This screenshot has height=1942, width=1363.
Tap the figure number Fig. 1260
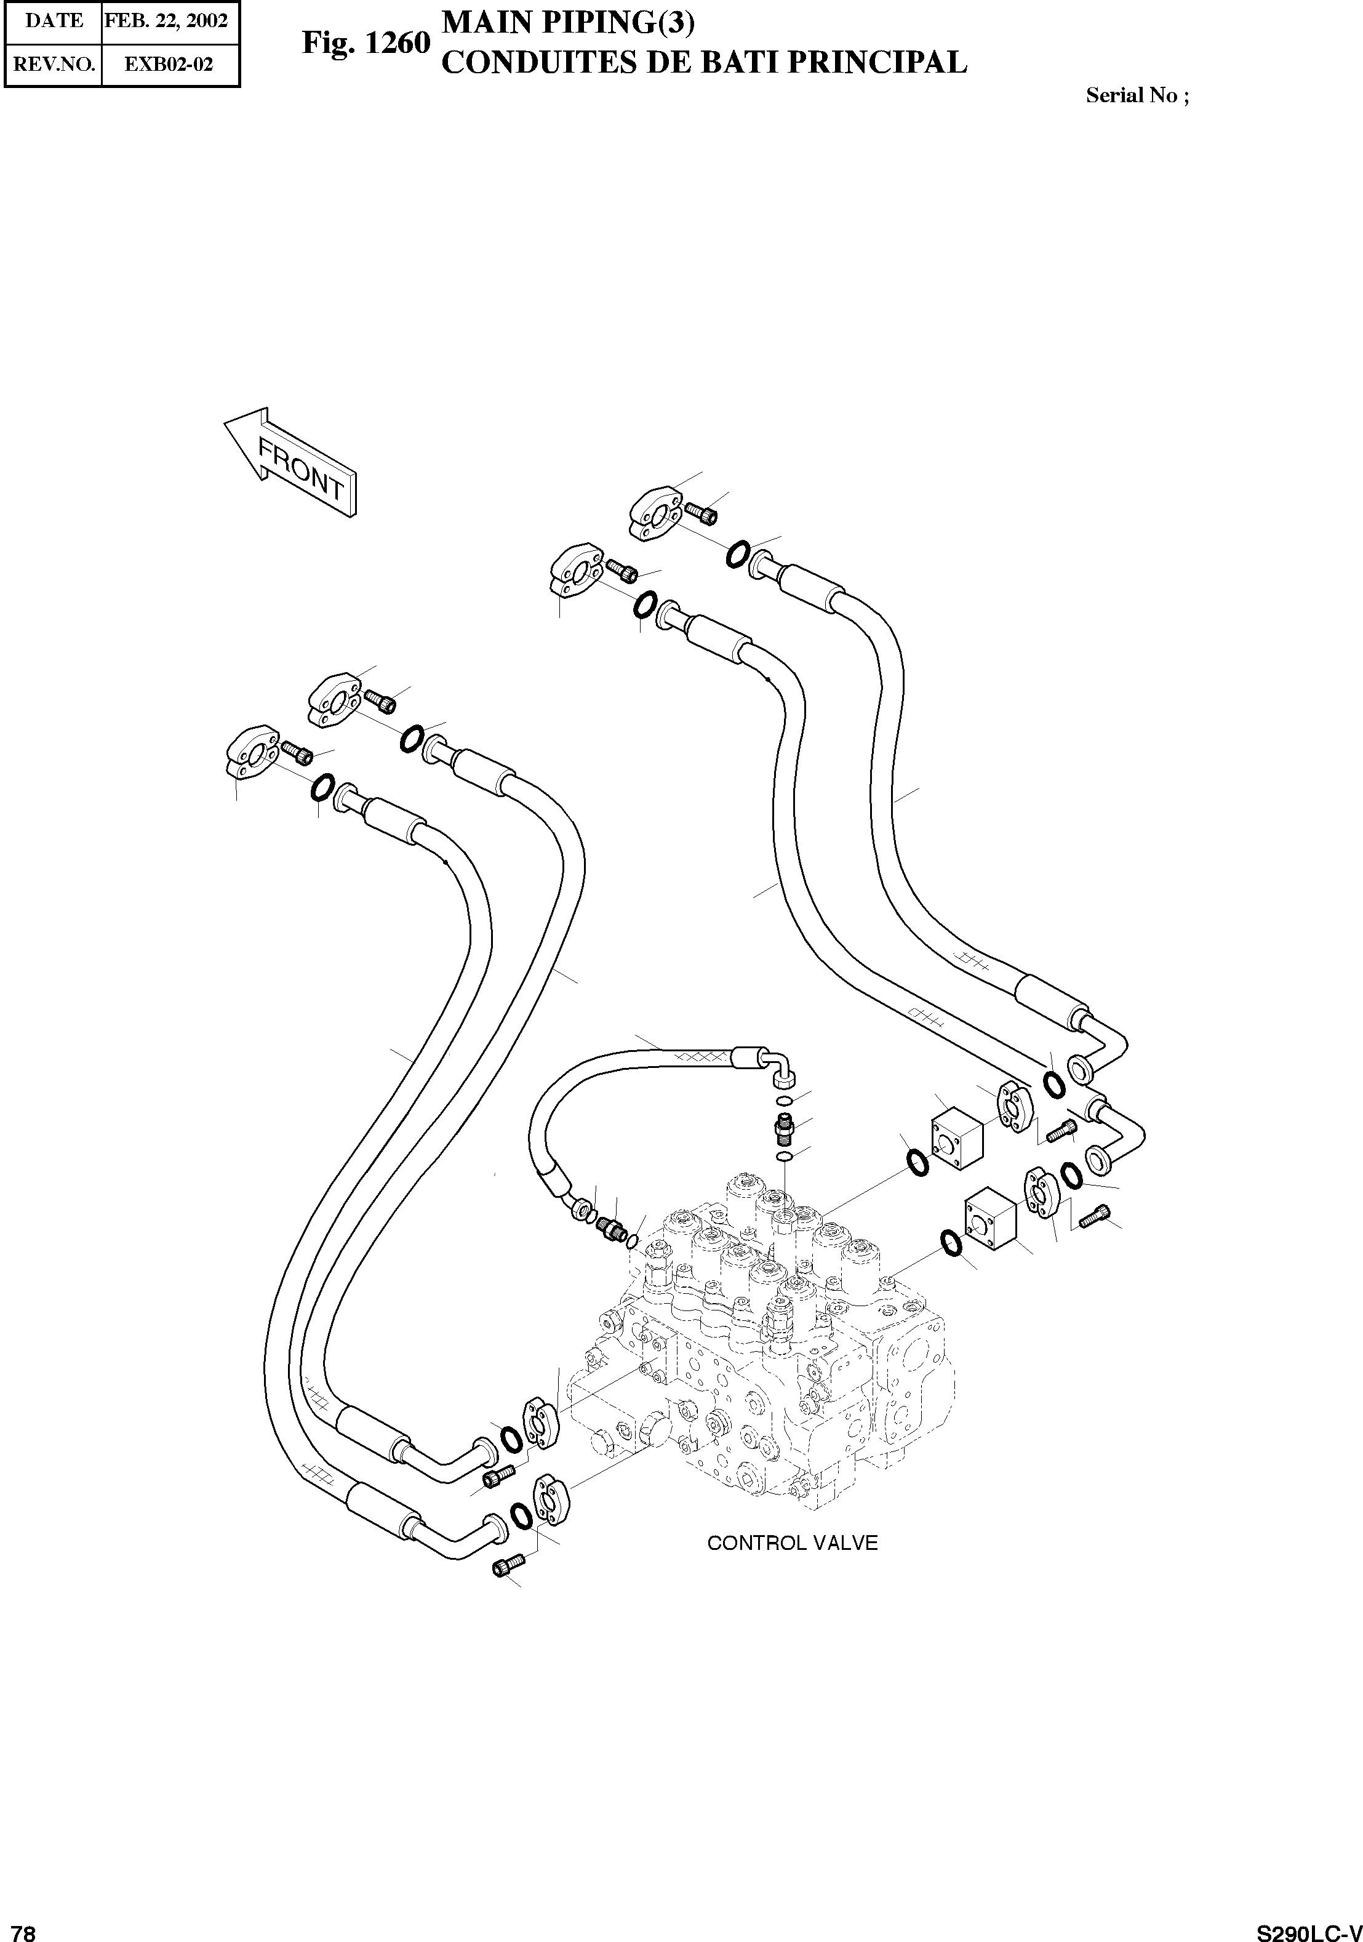pos(366,44)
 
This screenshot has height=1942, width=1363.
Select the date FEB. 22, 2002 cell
pos(167,20)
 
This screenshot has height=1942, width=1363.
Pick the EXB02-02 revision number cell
pos(168,64)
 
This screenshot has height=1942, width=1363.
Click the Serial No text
pos(1137,95)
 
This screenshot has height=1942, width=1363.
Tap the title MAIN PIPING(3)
pos(568,23)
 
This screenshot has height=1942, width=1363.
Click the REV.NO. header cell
pos(54,64)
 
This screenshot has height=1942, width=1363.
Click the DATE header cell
pos(54,20)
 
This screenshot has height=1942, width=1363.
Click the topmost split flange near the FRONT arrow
pos(657,512)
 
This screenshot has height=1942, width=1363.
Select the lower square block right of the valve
pos(990,1221)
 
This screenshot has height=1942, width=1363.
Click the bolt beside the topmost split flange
pos(701,511)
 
